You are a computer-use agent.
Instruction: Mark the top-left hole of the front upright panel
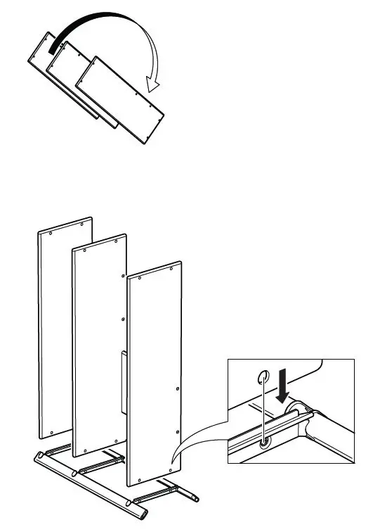[139, 279]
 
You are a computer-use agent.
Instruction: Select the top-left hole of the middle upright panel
[82, 250]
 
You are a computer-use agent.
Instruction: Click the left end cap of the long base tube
[37, 458]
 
